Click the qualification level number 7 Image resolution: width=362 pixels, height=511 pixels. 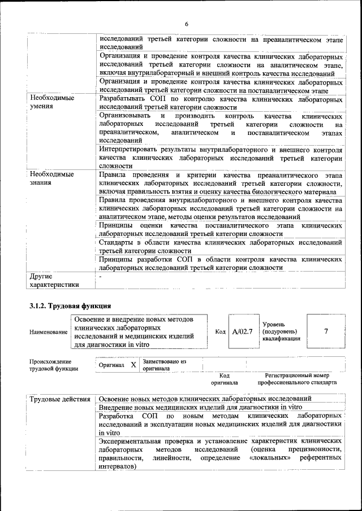326,331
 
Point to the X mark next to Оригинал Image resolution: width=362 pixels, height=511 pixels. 133,365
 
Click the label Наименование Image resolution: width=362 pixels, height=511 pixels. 49,332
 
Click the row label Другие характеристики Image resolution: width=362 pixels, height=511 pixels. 54,281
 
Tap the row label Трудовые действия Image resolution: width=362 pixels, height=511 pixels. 60,400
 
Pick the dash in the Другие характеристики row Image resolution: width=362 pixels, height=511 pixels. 101,277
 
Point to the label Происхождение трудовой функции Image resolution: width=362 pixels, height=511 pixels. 50,365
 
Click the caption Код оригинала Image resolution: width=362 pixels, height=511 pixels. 224,378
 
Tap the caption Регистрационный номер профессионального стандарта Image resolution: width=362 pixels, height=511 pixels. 297,378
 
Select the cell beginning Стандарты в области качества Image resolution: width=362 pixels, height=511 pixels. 220,246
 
